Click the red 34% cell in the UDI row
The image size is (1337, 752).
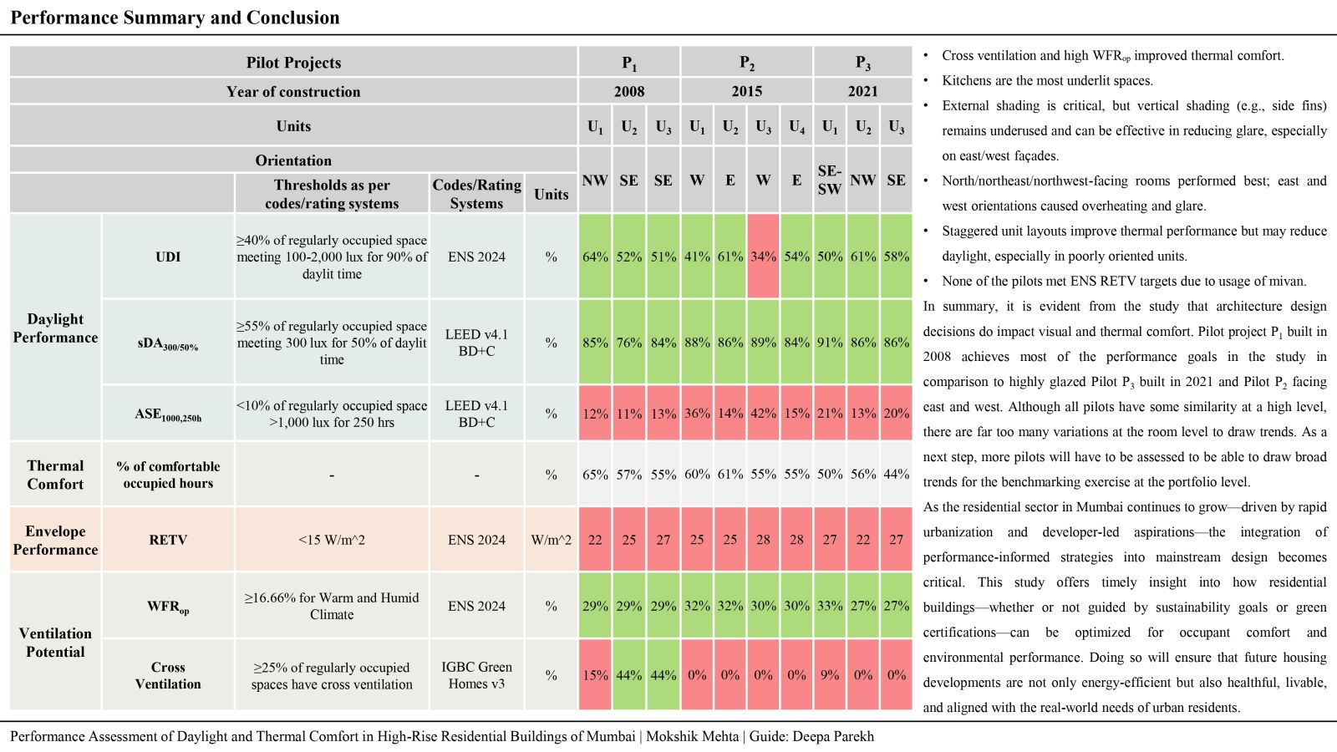tap(764, 257)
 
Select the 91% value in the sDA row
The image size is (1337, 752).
tap(830, 342)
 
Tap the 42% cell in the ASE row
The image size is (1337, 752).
tap(764, 413)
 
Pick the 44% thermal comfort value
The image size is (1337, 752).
tap(897, 475)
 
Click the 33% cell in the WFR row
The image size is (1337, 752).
tap(830, 606)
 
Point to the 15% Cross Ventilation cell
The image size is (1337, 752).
tap(595, 675)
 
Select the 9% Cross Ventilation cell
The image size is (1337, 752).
tap(830, 675)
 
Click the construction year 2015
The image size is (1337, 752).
tap(747, 91)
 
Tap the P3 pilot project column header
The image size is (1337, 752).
tap(863, 62)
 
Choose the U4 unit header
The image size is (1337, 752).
tap(797, 126)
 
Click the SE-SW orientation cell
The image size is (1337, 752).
tap(830, 180)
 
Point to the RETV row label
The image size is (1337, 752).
tap(168, 540)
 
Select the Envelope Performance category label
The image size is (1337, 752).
tap(55, 540)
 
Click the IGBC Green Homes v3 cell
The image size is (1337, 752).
tap(476, 675)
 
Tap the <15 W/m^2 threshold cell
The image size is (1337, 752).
tap(332, 540)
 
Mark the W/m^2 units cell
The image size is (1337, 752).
tap(551, 540)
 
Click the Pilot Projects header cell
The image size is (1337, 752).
tap(293, 62)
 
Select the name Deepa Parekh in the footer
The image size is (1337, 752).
tap(832, 736)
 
